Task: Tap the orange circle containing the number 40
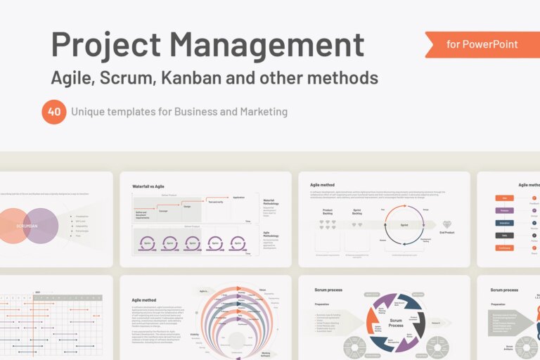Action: [x=54, y=111]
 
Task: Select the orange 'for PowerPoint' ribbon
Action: [x=481, y=44]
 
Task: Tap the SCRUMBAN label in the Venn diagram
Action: [x=27, y=226]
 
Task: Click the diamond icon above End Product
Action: [x=447, y=224]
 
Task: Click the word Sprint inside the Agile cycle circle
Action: [x=404, y=225]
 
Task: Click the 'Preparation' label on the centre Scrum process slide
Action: [x=326, y=304]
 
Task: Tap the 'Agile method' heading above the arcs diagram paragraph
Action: [x=144, y=300]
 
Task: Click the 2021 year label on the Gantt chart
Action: [x=37, y=291]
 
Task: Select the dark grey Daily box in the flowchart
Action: [x=503, y=235]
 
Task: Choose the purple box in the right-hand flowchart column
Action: [x=503, y=210]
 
